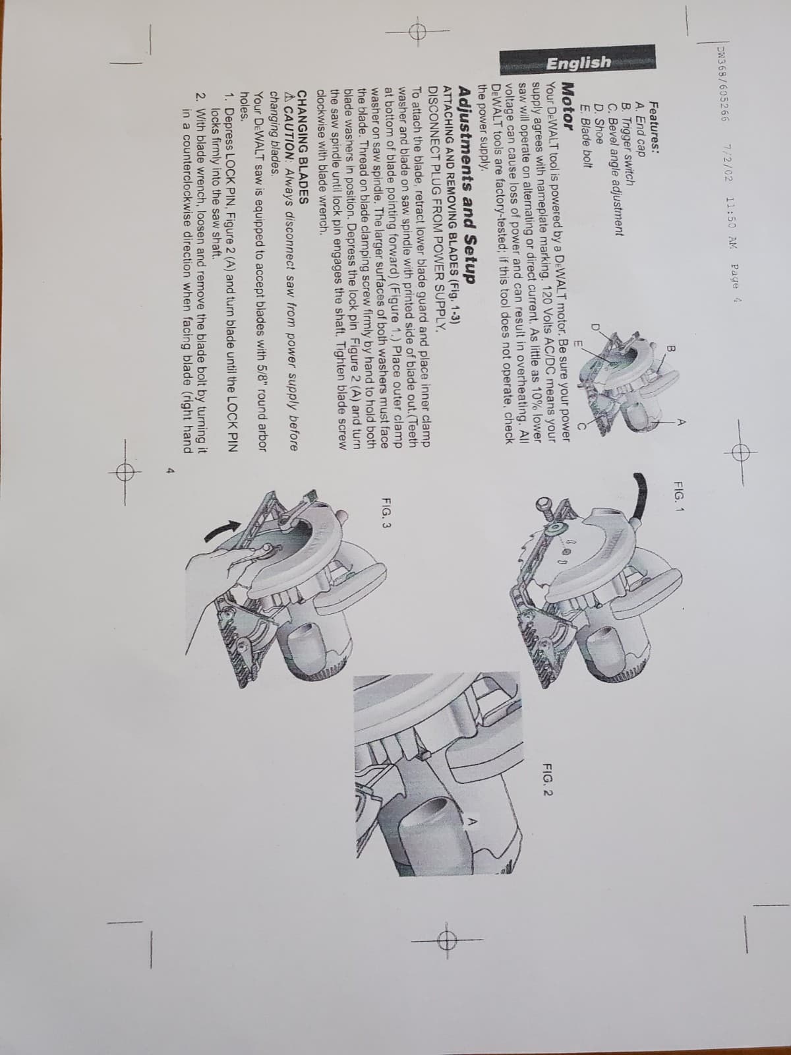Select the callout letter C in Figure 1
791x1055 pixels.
(x=581, y=426)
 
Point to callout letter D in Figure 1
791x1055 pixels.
(x=595, y=328)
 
